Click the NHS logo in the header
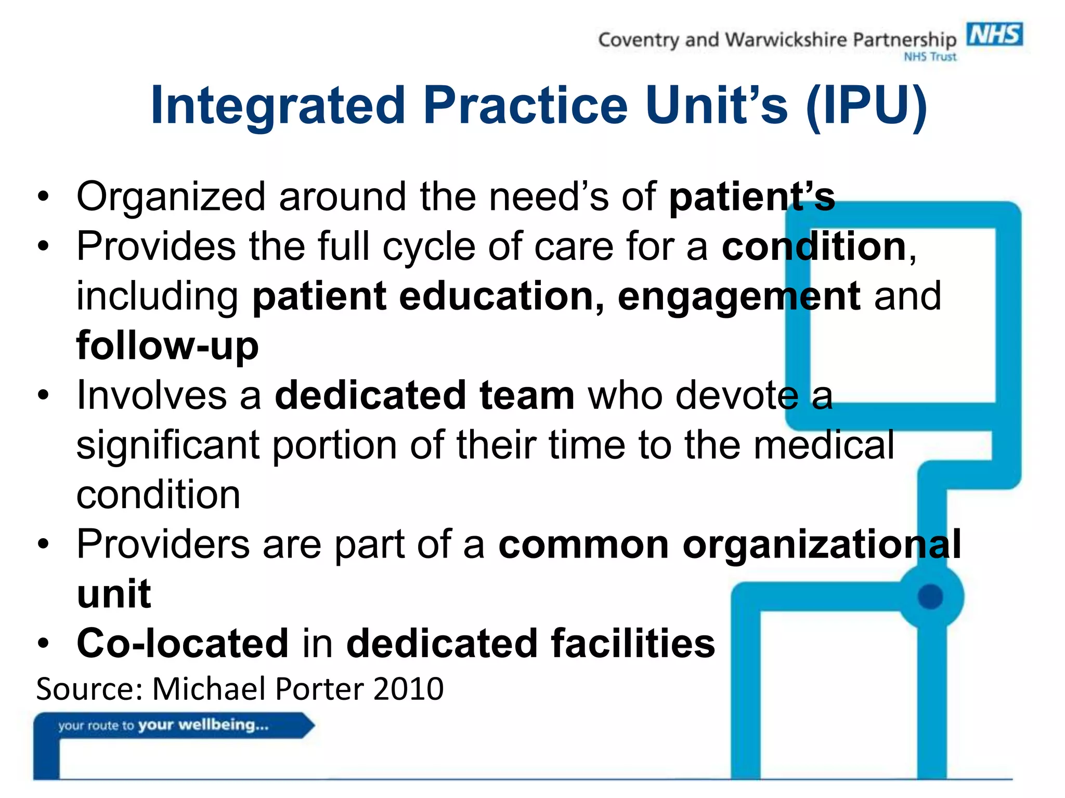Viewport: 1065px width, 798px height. click(994, 35)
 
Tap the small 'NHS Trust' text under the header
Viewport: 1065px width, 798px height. click(930, 57)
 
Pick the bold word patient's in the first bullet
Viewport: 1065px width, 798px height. click(752, 197)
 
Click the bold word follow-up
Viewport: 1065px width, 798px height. click(167, 346)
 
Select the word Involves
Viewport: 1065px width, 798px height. click(151, 395)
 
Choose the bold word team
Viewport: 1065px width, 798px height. click(527, 395)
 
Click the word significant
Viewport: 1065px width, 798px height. click(167, 446)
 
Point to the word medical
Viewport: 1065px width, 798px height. click(824, 445)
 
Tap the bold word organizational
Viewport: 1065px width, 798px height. click(822, 545)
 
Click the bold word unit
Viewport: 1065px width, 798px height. click(114, 594)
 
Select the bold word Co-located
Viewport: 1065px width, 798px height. click(183, 643)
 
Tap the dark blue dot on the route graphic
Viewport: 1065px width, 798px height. click(930, 596)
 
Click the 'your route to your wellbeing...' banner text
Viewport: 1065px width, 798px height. click(163, 725)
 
